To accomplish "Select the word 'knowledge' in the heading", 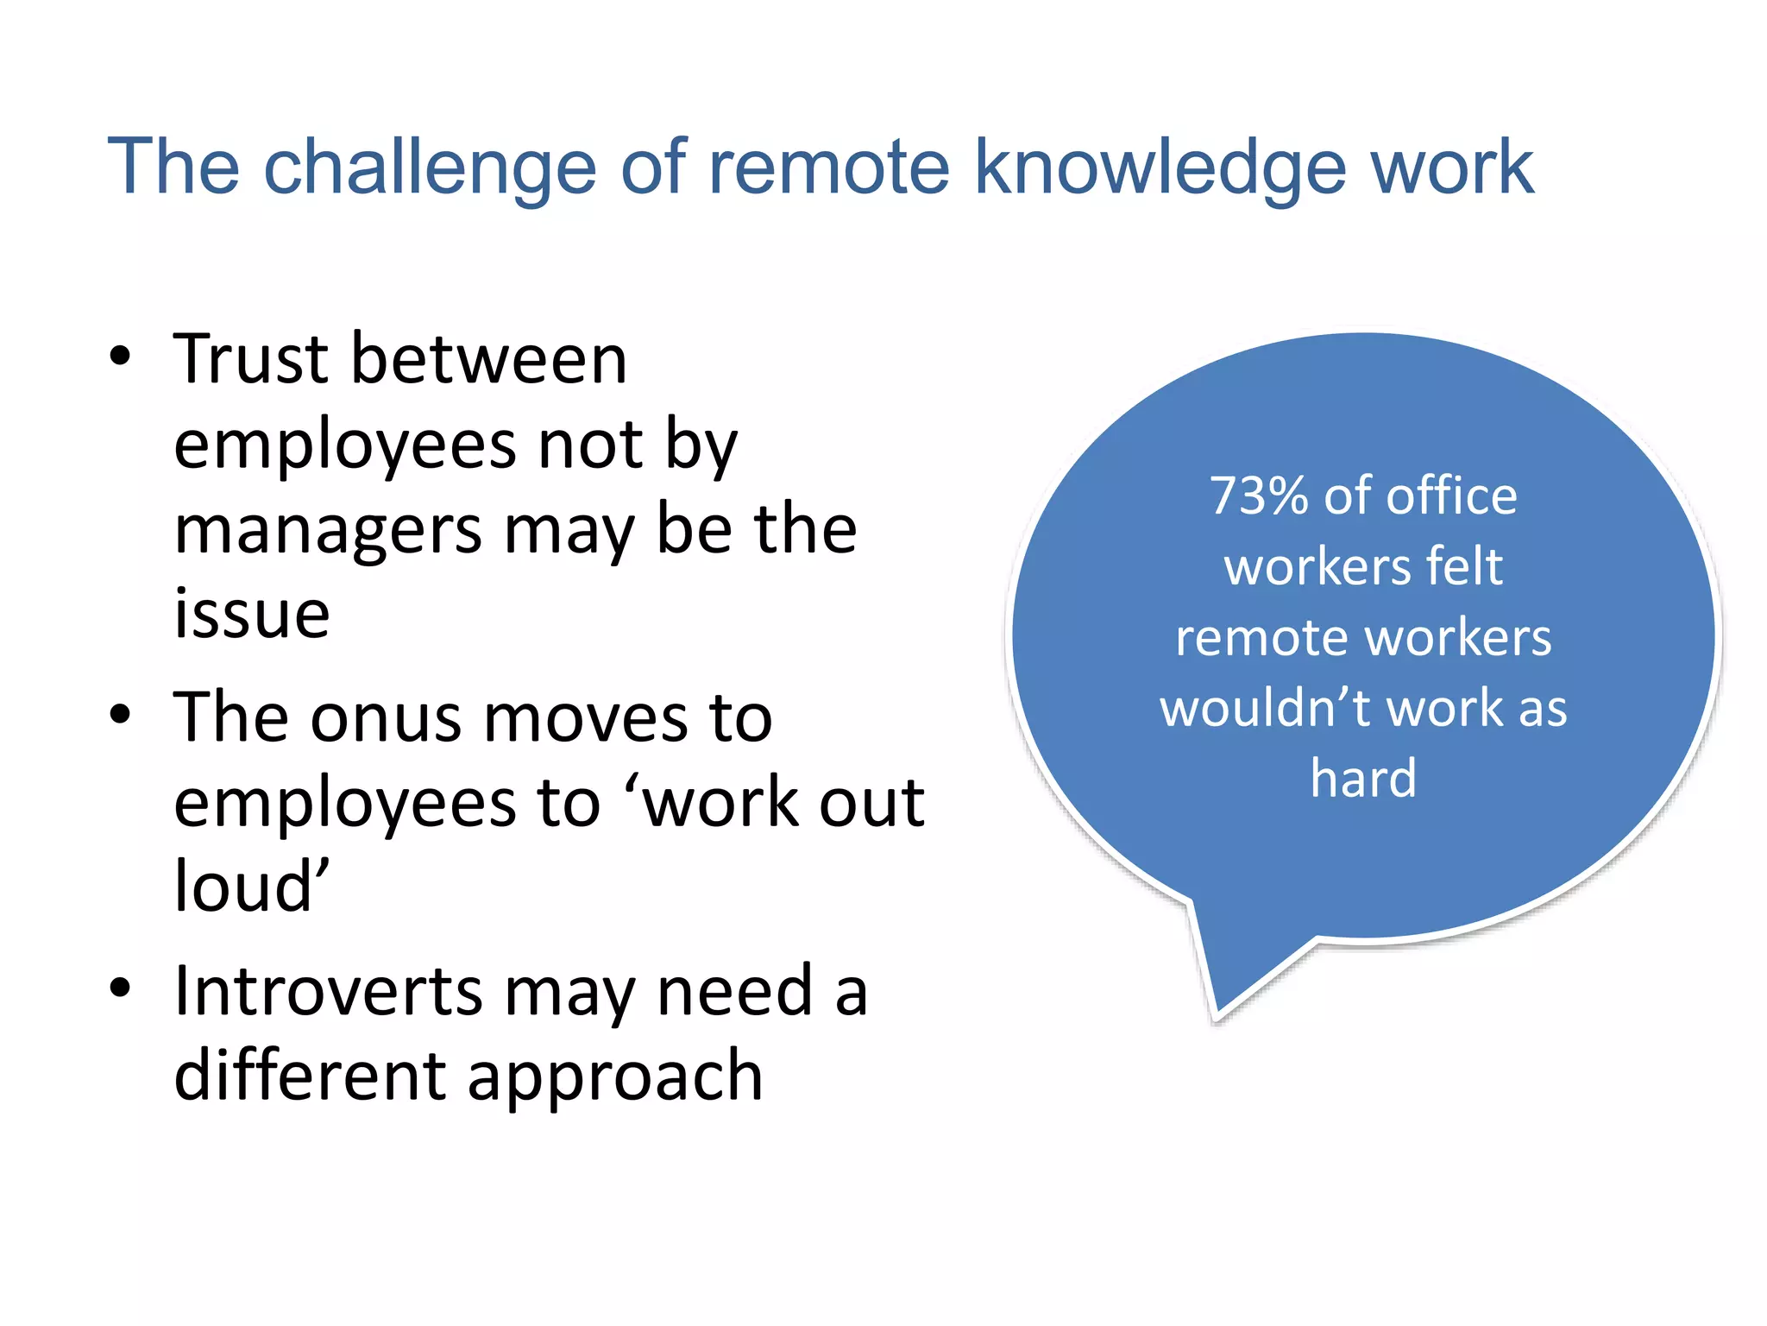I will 1160,167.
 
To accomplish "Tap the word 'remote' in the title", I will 829,167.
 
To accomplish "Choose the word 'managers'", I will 328,531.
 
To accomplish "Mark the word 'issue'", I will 252,614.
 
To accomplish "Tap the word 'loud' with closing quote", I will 252,887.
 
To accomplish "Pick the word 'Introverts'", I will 328,991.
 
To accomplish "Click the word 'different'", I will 310,1076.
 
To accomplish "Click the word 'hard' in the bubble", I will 1363,779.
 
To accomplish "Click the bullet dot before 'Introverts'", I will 120,988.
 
